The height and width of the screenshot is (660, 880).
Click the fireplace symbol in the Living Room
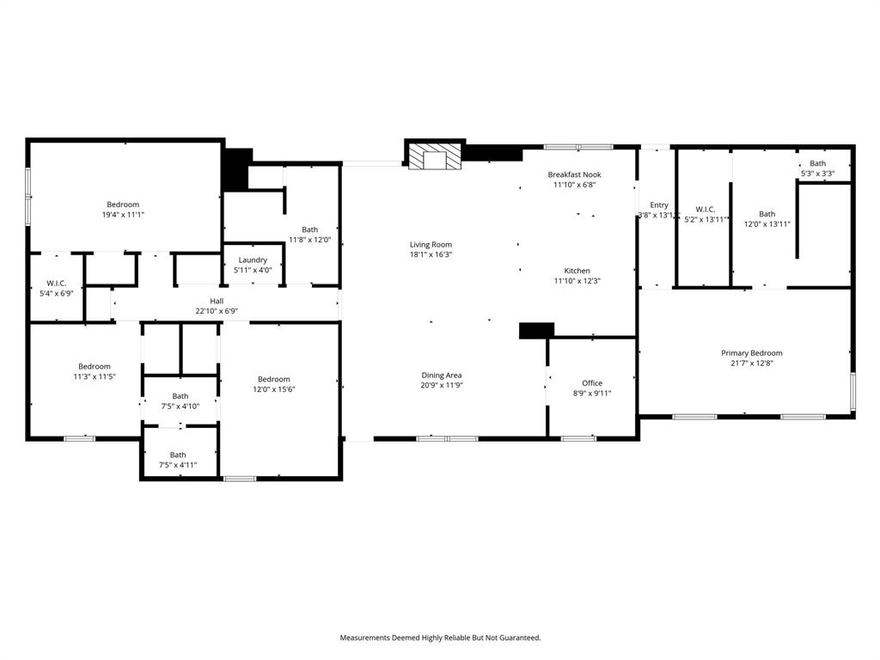[x=434, y=157]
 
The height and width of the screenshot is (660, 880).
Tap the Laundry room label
[x=253, y=260]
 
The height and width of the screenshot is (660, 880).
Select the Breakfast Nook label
[x=575, y=174]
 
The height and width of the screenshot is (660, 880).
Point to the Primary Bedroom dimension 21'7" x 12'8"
[x=752, y=364]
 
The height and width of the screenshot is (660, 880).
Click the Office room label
[x=592, y=383]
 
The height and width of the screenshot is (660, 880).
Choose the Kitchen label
[x=577, y=271]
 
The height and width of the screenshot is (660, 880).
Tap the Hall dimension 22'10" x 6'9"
[x=217, y=311]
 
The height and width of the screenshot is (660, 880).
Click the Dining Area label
[x=442, y=375]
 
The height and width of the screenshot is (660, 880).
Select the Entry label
[x=659, y=205]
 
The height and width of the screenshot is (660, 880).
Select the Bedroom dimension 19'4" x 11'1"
[x=123, y=215]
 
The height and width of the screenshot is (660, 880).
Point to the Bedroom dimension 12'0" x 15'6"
[x=274, y=389]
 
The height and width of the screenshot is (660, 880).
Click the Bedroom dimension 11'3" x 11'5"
[x=95, y=376]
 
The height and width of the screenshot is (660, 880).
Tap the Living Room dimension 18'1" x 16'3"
[x=431, y=254]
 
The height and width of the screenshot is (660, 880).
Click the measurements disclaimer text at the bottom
[x=440, y=638]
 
